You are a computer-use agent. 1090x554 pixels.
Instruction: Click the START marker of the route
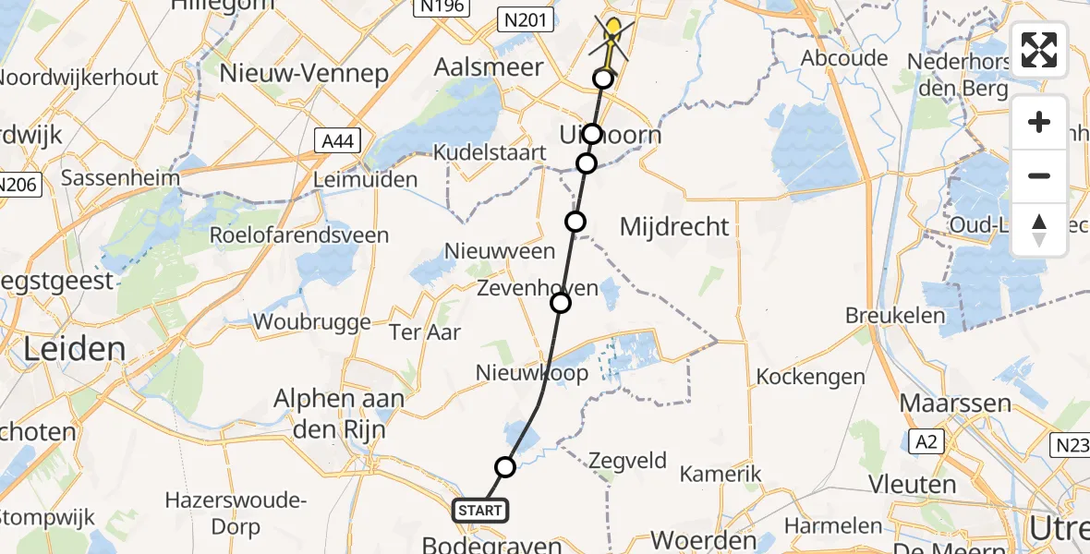coord(479,510)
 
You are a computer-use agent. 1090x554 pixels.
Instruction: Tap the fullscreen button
coord(1039,50)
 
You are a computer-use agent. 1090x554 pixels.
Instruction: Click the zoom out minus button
coord(1039,175)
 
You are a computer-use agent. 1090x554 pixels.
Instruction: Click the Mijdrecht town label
coord(674,226)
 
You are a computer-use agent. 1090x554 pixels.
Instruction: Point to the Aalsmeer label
coord(490,72)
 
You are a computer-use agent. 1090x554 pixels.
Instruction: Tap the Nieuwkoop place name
coord(531,373)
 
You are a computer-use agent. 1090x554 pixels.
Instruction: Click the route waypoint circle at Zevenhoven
coord(561,303)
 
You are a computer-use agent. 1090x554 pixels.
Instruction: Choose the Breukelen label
coord(895,316)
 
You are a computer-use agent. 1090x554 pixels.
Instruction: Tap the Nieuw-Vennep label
coord(304,74)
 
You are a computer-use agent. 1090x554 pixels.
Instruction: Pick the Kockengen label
coord(810,377)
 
